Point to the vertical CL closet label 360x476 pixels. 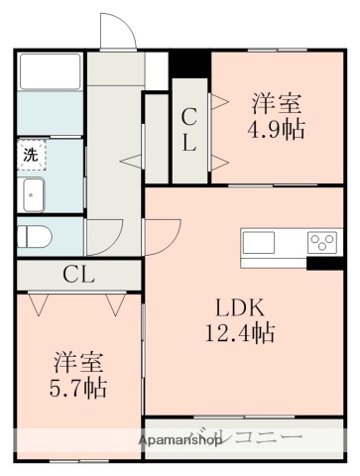tap(188, 130)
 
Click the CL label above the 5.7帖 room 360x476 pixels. tap(78, 275)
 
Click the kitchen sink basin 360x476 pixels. tap(261, 242)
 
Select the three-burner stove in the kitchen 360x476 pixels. tap(321, 242)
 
